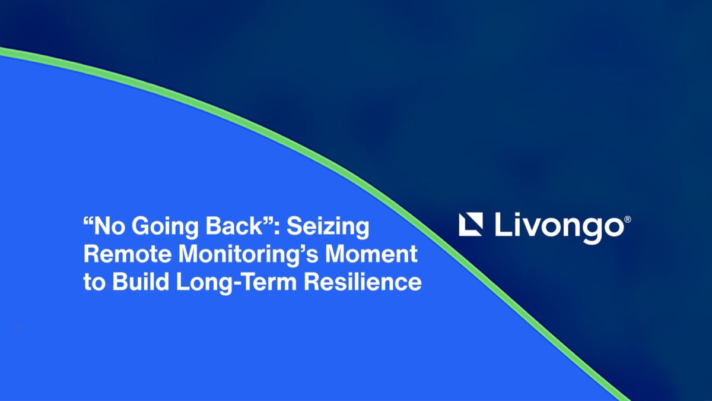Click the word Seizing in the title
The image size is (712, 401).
pyautogui.click(x=328, y=228)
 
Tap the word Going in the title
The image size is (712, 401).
pyautogui.click(x=165, y=228)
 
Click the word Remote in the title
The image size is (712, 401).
pyautogui.click(x=128, y=254)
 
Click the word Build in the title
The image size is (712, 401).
pyautogui.click(x=141, y=282)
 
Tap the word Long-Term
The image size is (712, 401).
pyautogui.click(x=237, y=283)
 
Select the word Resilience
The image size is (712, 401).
pyautogui.click(x=363, y=282)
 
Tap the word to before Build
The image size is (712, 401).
pyautogui.click(x=94, y=282)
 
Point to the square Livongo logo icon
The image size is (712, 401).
pyautogui.click(x=471, y=225)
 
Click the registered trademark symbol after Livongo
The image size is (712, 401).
pyautogui.click(x=628, y=220)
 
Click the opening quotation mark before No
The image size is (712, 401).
pyautogui.click(x=88, y=220)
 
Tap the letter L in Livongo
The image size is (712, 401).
pyautogui.click(x=504, y=225)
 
